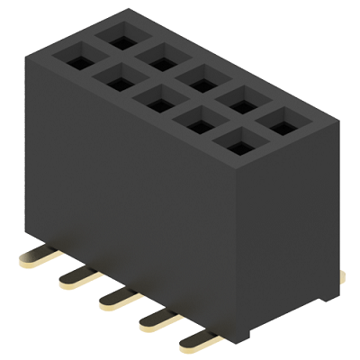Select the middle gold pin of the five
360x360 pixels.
114,298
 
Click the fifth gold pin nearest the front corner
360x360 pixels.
195,339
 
